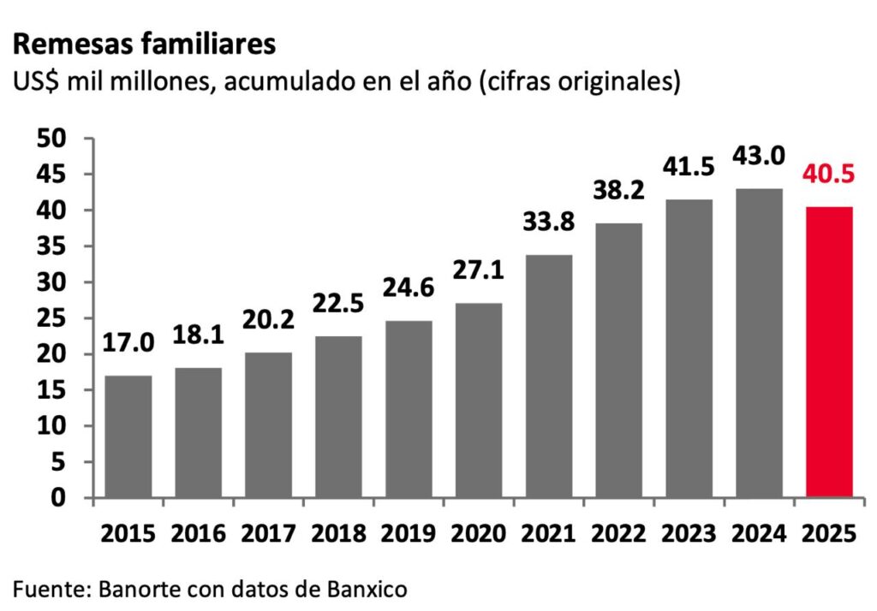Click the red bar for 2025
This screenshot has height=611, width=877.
[829, 352]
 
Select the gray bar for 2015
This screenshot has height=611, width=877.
[128, 436]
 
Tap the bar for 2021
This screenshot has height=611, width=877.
[548, 376]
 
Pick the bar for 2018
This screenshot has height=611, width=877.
[338, 417]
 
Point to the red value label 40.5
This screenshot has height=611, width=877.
[829, 177]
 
